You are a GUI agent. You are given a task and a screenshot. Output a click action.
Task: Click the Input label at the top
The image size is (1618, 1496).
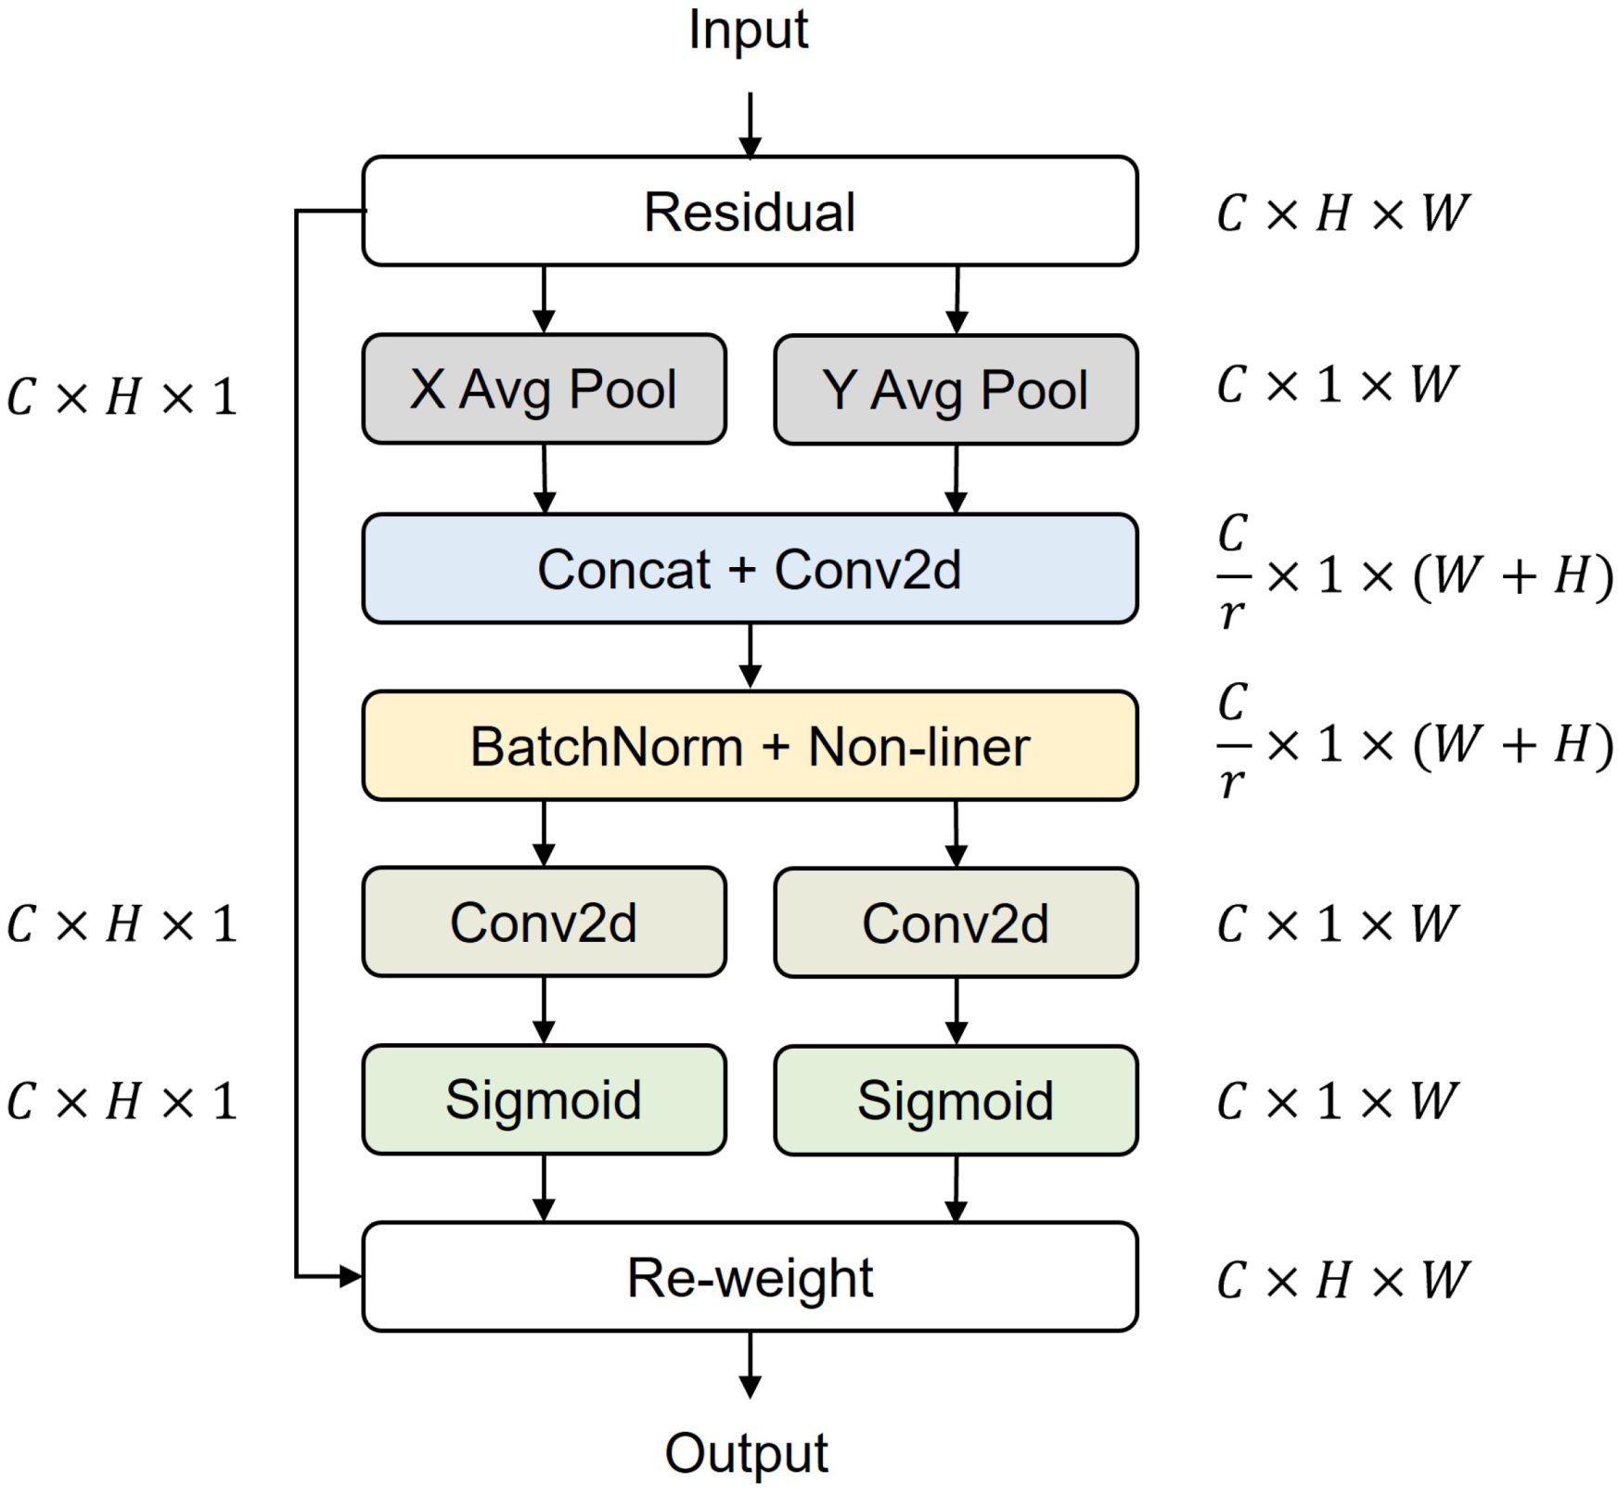tap(748, 30)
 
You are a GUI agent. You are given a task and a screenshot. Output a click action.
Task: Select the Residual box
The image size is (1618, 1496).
tap(750, 212)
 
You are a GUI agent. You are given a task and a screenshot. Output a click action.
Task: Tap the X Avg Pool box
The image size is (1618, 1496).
tap(544, 389)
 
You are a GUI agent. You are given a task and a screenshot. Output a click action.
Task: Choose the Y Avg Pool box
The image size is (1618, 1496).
tap(956, 390)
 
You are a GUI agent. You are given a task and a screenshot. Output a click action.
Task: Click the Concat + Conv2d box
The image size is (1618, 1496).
tap(750, 568)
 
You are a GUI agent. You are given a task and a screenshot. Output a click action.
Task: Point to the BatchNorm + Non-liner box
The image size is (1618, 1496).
tap(750, 746)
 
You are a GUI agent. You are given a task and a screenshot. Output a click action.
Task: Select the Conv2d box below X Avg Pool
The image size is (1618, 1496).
tap(544, 922)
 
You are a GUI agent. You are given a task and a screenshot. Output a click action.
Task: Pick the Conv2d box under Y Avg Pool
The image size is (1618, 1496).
tap(956, 923)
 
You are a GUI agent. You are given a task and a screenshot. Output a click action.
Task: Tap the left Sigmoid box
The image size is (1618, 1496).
tap(544, 1100)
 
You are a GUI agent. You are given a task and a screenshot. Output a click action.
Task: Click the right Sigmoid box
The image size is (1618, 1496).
tap(956, 1101)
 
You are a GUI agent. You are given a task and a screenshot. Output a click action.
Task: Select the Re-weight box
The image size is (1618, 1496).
tap(750, 1277)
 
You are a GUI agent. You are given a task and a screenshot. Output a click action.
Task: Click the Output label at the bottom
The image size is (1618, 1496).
tap(746, 1453)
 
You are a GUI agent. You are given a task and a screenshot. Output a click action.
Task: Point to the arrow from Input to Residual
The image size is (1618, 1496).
tap(750, 125)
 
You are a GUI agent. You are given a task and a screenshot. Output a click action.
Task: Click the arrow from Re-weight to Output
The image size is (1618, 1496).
tap(750, 1364)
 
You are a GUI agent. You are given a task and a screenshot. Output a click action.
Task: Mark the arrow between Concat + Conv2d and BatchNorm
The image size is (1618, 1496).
tap(751, 656)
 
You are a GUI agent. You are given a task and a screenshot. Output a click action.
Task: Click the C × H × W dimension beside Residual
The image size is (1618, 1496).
tap(1342, 213)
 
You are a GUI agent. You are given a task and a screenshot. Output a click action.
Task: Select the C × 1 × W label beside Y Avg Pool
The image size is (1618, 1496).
tap(1337, 384)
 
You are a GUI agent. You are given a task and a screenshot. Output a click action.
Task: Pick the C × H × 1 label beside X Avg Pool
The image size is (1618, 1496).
tap(122, 397)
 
